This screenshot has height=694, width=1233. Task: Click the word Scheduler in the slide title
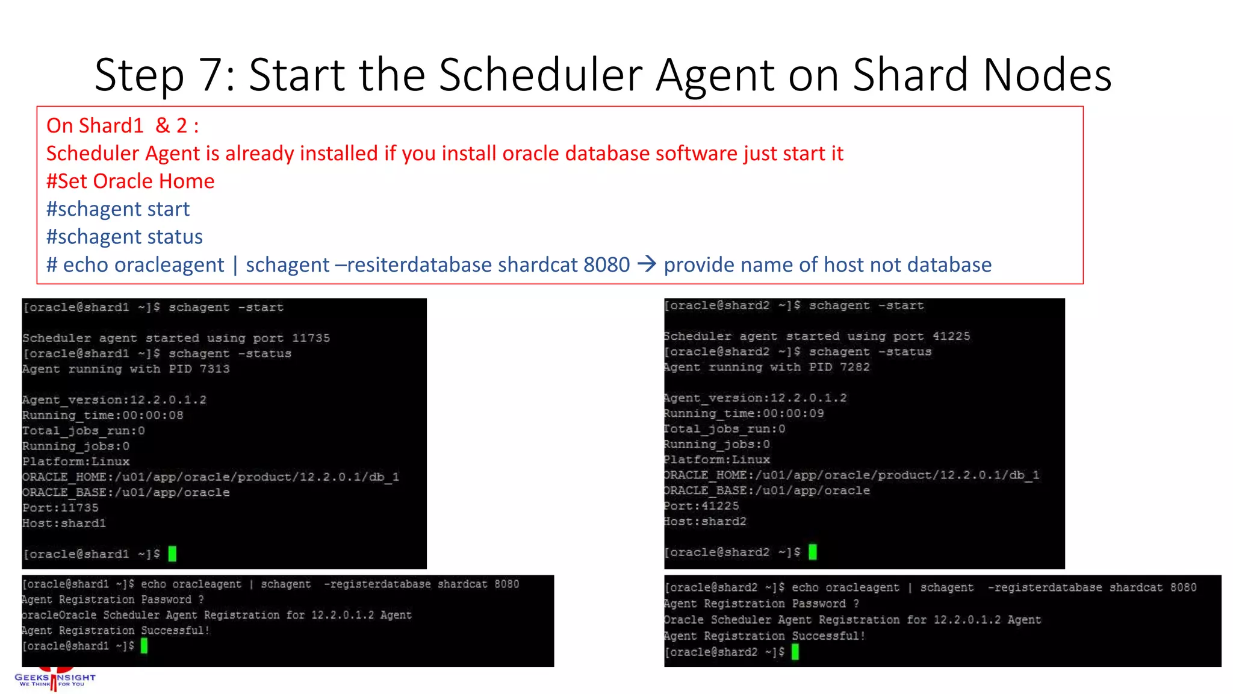(541, 75)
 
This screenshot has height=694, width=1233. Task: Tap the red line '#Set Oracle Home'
(130, 181)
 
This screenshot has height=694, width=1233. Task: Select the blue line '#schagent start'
(118, 209)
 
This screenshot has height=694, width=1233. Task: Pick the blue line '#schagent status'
(125, 237)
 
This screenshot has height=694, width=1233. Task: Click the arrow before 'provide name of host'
(647, 264)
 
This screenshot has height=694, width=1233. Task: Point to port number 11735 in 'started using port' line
(311, 338)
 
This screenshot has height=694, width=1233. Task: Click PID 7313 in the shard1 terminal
(214, 369)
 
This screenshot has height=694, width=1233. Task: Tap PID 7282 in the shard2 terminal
(854, 367)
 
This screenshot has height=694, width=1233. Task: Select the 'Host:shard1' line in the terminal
(64, 523)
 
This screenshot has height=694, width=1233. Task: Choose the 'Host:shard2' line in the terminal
(705, 521)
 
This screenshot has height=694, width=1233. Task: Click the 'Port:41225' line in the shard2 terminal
(701, 506)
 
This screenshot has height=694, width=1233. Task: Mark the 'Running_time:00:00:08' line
(103, 415)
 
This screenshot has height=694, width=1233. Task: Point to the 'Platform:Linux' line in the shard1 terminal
(76, 461)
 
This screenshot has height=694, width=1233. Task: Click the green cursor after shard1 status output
(172, 554)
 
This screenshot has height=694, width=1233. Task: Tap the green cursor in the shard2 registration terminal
(795, 652)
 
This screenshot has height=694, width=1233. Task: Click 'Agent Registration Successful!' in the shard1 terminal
(116, 630)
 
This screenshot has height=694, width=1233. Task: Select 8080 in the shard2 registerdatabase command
(1183, 587)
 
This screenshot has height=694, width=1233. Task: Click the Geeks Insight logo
(55, 679)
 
